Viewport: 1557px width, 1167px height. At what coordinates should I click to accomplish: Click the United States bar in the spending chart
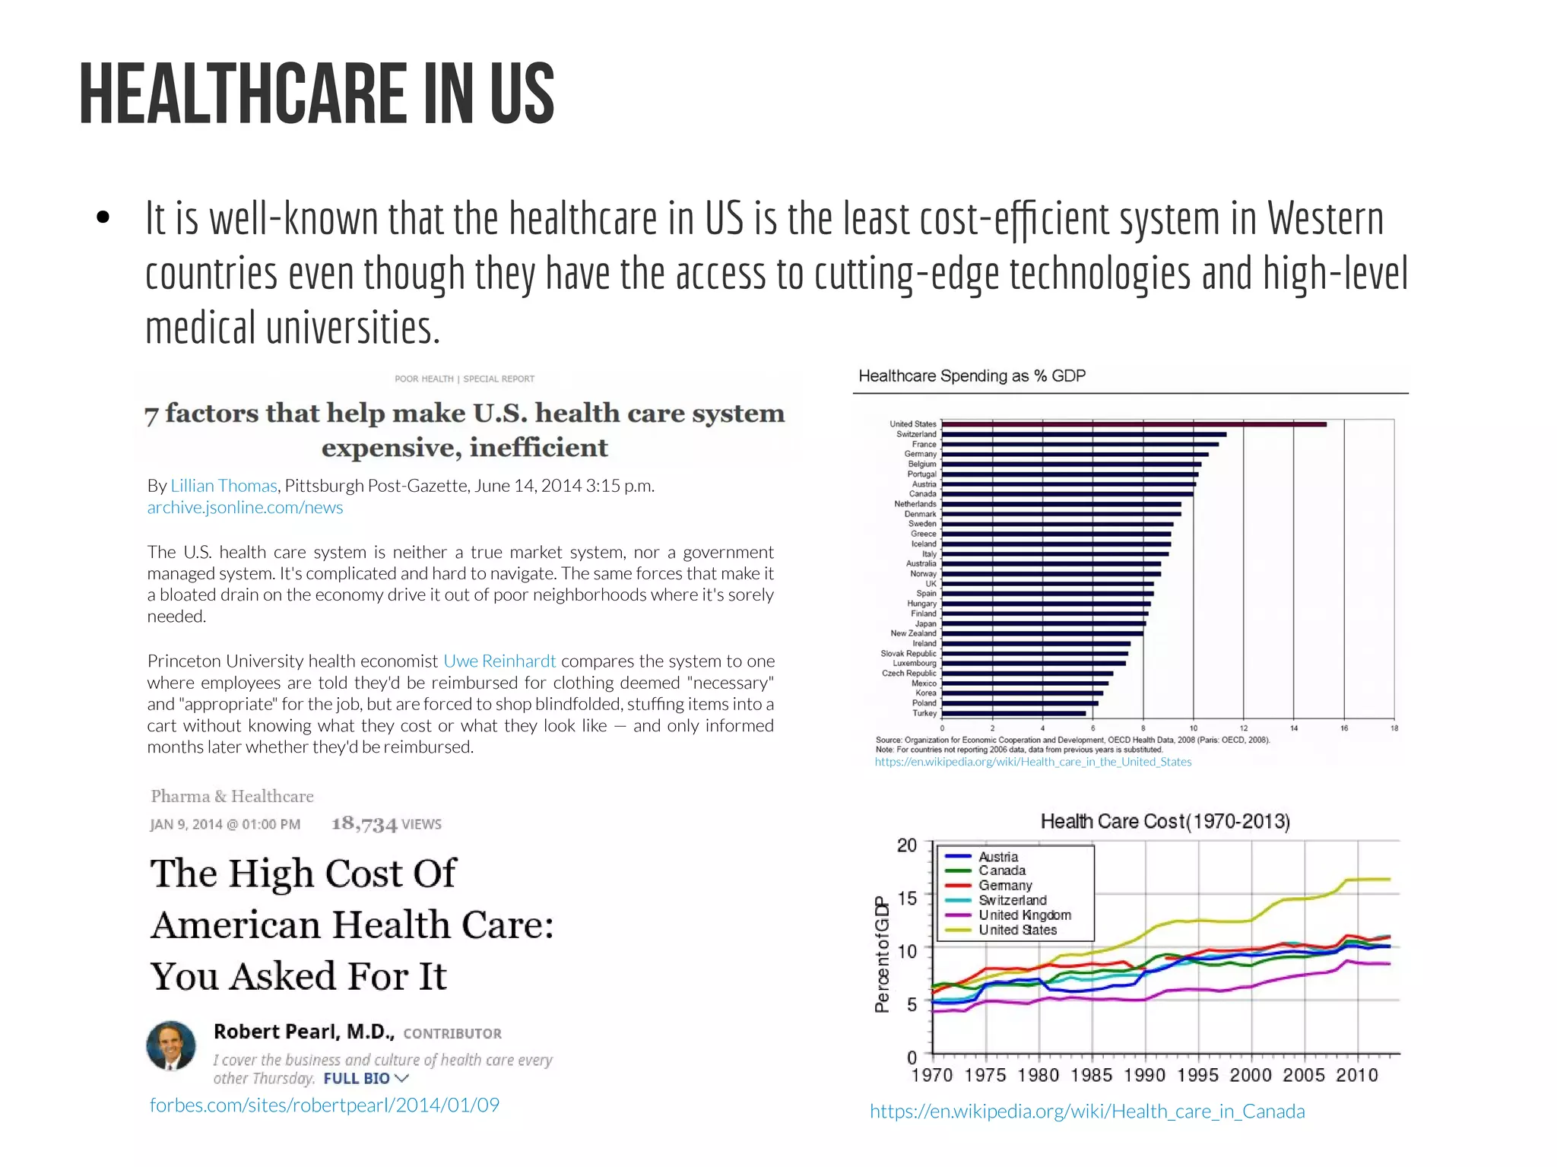(x=1133, y=424)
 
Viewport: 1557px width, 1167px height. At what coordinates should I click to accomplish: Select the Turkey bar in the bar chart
(x=1013, y=713)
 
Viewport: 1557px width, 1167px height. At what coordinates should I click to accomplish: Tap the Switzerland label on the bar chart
(x=916, y=434)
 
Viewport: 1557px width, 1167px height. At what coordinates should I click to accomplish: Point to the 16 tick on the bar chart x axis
(x=1344, y=728)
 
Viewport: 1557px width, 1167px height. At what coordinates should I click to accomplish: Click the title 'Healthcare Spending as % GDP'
(x=972, y=376)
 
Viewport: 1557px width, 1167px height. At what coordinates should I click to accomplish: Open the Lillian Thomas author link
(x=224, y=486)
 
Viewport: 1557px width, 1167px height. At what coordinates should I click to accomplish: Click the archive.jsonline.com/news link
(x=245, y=507)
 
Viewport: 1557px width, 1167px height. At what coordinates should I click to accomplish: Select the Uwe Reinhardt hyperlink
(x=499, y=661)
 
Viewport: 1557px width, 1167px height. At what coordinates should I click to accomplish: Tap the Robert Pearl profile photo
(x=171, y=1045)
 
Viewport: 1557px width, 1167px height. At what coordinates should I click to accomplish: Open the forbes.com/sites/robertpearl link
(x=325, y=1105)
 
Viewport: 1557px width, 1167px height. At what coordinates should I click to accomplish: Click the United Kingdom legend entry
(x=1024, y=915)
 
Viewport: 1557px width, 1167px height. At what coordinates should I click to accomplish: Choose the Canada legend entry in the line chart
(x=1001, y=870)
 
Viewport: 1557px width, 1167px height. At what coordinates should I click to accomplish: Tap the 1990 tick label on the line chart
(x=1144, y=1075)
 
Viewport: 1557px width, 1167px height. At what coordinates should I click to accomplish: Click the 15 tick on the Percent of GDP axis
(x=907, y=898)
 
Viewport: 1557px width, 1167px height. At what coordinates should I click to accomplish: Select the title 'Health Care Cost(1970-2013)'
(x=1165, y=821)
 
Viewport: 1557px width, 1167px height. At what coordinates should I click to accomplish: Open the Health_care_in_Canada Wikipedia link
(x=1087, y=1112)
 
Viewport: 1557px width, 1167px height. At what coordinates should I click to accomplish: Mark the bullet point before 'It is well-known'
(x=103, y=219)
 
